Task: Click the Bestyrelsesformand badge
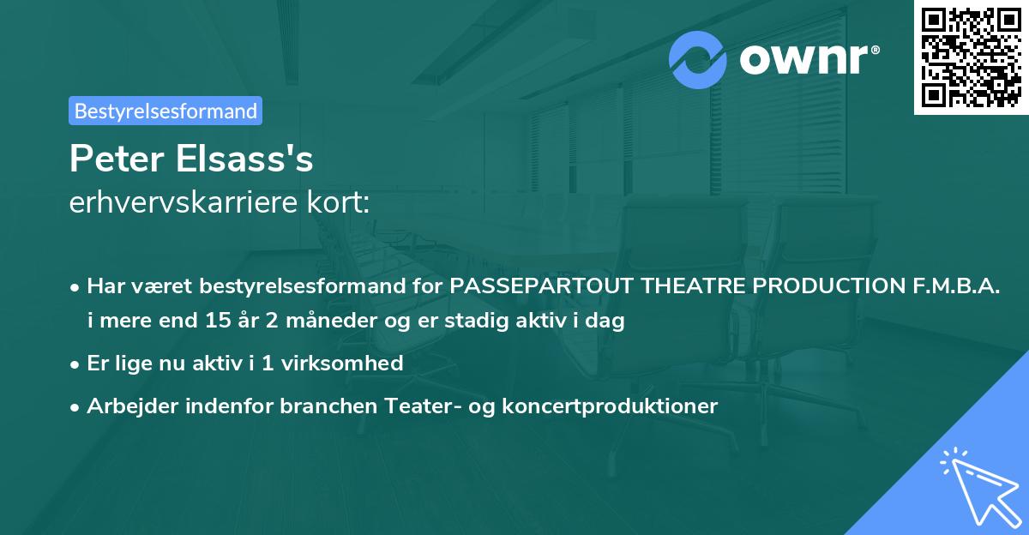pyautogui.click(x=165, y=111)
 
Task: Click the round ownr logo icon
pyautogui.click(x=698, y=59)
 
